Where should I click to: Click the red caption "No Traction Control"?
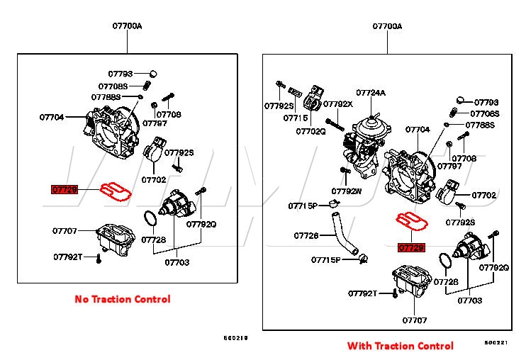pyautogui.click(x=123, y=299)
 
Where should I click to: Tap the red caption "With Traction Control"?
pyautogui.click(x=400, y=346)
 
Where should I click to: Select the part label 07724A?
pyautogui.click(x=371, y=92)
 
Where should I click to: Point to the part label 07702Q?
pyautogui.click(x=310, y=130)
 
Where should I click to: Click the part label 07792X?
pyautogui.click(x=339, y=103)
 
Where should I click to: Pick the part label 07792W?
pyautogui.click(x=346, y=191)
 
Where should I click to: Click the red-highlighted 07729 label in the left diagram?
pyautogui.click(x=65, y=190)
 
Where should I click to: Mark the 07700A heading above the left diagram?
pyautogui.click(x=127, y=26)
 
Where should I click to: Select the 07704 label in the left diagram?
pyautogui.click(x=52, y=117)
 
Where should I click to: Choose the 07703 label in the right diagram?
pyautogui.click(x=469, y=300)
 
